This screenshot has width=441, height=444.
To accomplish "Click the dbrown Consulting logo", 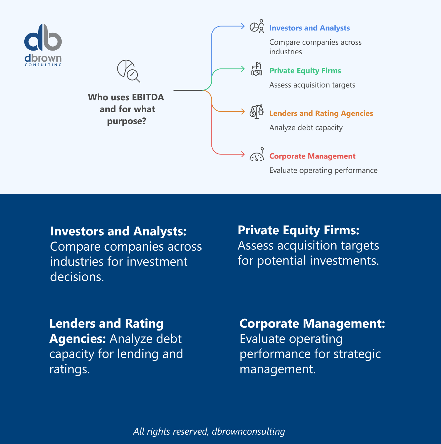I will click(43, 45).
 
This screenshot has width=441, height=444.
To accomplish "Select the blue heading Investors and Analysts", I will click(309, 28).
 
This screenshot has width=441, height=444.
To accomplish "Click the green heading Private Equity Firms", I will click(305, 71).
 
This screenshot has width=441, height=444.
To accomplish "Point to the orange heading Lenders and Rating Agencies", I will click(321, 113).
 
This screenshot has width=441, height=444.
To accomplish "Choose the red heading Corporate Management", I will click(312, 156).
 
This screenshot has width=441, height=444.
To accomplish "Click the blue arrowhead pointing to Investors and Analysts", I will click(243, 26).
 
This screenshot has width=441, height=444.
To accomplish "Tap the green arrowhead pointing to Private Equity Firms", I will click(243, 69).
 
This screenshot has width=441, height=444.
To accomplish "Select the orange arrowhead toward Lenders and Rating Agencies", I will click(243, 112).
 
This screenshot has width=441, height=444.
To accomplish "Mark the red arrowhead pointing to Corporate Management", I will click(243, 154).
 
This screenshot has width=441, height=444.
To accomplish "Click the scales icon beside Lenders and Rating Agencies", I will click(256, 112).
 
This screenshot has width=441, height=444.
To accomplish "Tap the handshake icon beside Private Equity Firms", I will click(256, 69).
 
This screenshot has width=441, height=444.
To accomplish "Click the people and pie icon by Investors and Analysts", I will click(257, 27).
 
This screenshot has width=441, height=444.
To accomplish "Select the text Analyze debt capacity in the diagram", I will click(306, 128).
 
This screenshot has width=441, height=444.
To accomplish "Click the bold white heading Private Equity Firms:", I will click(298, 230).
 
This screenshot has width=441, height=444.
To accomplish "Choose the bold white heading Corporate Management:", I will click(312, 323).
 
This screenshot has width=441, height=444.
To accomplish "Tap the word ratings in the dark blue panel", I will click(69, 369).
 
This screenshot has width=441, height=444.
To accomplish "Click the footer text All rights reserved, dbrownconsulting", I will click(209, 431).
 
